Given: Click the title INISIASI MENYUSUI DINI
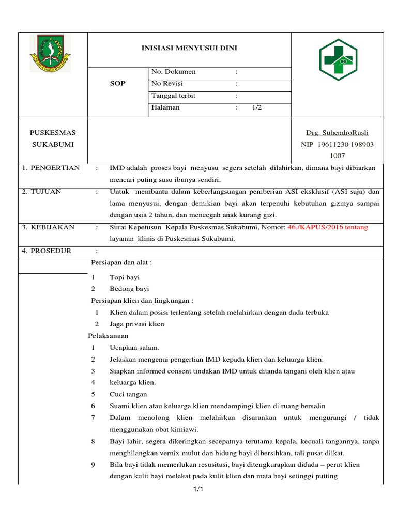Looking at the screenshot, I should coord(190,48).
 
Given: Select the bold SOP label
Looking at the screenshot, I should coord(118,84).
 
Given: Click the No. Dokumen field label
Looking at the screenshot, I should coord(173,72).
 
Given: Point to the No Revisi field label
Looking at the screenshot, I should coord(167,84).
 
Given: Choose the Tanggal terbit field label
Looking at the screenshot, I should coord(173,96).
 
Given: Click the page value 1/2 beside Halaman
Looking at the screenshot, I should coord(257,107).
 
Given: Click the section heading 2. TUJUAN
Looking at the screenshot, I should coord(42,192).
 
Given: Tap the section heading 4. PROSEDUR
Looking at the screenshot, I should coord(47,251).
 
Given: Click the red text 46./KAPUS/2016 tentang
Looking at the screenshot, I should coord(328,227).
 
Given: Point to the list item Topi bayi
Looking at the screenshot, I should coord(125,277).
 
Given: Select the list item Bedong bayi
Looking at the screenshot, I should coord(129,289).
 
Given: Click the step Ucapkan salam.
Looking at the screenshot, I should coord(134,348).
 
